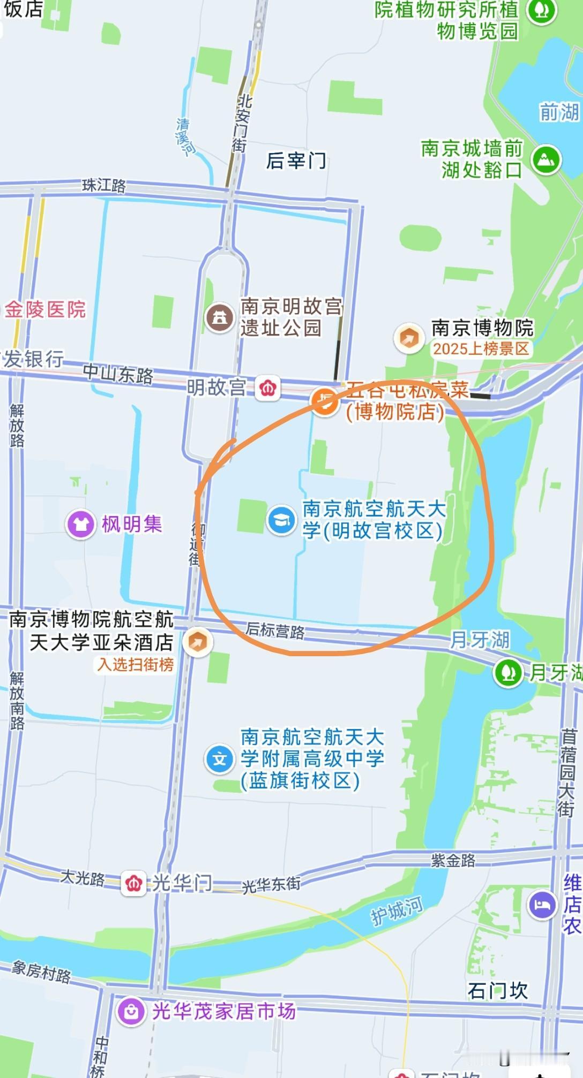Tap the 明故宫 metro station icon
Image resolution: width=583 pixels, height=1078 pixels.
coord(267,388)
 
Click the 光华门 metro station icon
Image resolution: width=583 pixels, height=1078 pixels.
coord(133,883)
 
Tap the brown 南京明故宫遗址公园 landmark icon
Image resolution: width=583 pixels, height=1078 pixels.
coord(219,317)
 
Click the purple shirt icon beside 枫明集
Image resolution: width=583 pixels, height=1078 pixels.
coord(81,524)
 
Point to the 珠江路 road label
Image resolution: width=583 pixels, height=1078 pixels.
coord(104,185)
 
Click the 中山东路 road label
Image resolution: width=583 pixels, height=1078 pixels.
coord(118,374)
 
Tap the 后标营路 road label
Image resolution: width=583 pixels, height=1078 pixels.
coord(275,630)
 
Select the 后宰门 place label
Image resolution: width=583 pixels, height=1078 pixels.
coord(296,160)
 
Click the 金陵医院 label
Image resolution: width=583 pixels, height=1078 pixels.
coord(46,309)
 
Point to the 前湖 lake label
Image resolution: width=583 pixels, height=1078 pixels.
coord(559,112)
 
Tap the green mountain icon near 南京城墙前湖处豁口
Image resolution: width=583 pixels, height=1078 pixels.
coord(545,159)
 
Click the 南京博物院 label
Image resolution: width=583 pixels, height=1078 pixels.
coord(482,328)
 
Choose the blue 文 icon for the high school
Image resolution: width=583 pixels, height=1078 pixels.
coord(219,759)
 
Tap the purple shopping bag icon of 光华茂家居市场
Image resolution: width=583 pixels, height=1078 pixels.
coord(131,1011)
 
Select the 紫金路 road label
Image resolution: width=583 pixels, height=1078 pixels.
coord(453,860)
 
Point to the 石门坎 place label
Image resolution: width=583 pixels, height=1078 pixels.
coord(497,991)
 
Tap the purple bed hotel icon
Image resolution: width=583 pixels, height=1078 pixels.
coord(542,905)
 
